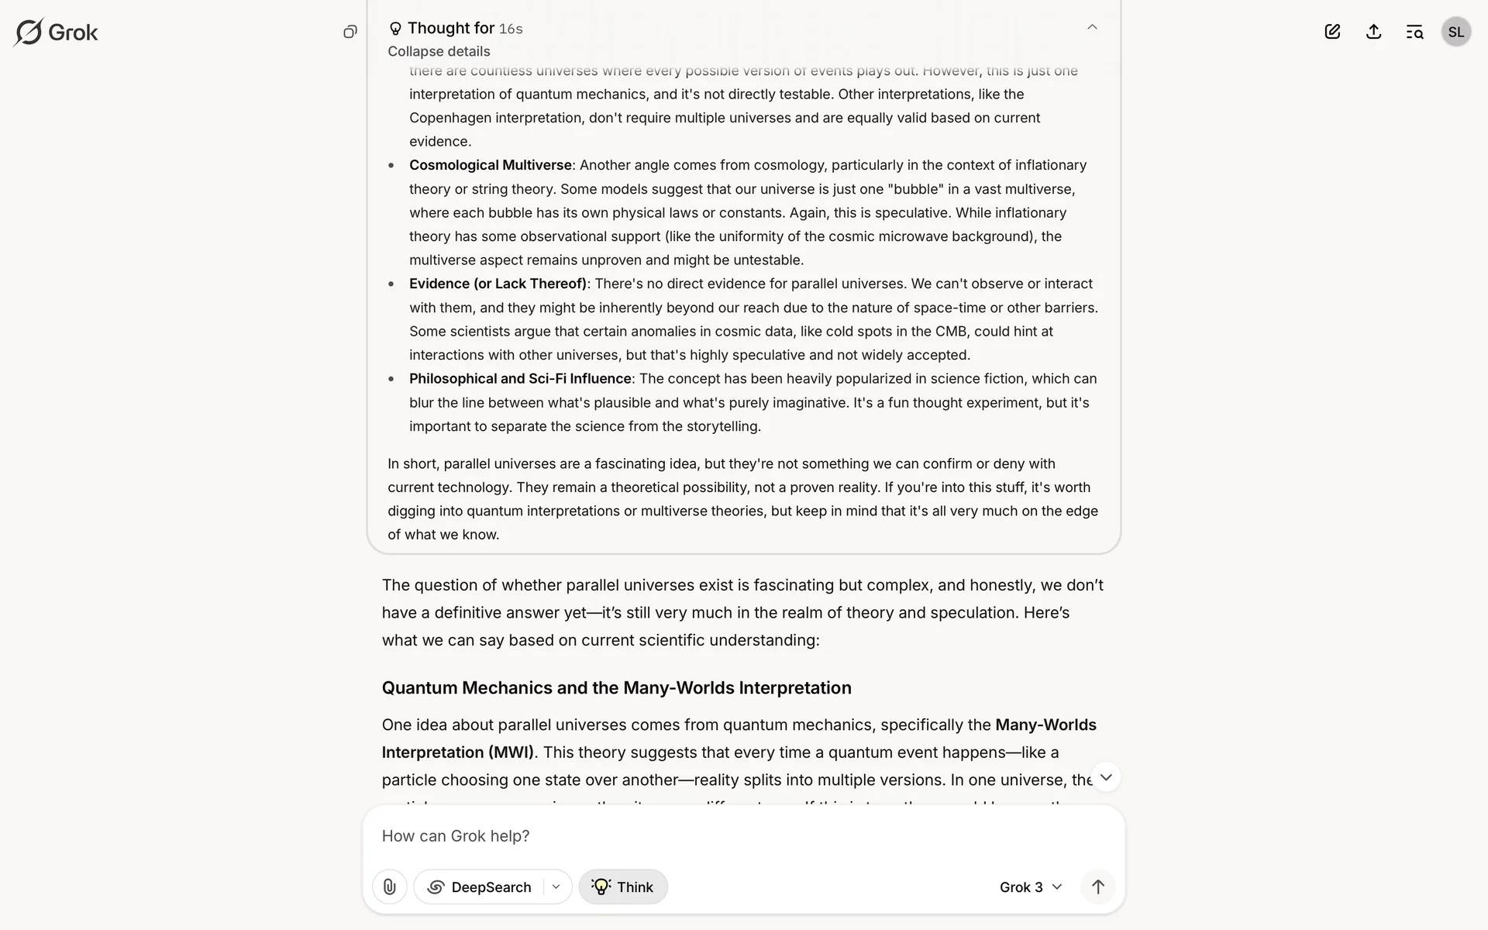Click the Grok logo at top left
coord(56,33)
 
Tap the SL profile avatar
coord(1455,32)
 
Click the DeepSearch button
coord(480,887)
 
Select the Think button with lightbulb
coord(623,887)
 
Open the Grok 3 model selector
coord(1030,887)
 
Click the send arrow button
coord(1097,887)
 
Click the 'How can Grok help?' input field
coord(697,835)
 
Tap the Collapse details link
coord(439,51)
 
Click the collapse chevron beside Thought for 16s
coord(1092,27)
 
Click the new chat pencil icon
coord(1332,32)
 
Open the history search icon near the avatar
coord(1414,32)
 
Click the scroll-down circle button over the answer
coord(1106,777)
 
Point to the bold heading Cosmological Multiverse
coord(490,165)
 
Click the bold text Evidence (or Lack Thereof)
coord(498,284)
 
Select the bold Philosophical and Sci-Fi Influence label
coord(520,378)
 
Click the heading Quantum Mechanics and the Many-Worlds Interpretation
coord(616,687)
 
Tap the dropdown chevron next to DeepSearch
coord(556,887)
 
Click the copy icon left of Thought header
coord(350,32)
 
